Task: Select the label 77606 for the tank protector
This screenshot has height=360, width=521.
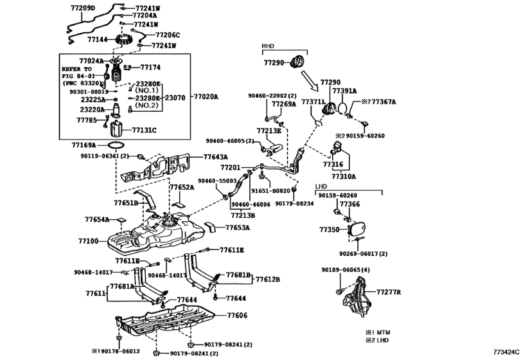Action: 236,316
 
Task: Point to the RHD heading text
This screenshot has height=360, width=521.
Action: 268,47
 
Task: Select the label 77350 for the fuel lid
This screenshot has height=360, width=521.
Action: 330,229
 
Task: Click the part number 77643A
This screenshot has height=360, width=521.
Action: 216,157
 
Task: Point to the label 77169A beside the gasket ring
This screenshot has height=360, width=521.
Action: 84,146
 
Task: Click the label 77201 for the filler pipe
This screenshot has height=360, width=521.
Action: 229,166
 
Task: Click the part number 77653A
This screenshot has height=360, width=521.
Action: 237,228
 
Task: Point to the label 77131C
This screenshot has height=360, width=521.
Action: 145,129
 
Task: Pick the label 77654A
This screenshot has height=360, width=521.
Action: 98,219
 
